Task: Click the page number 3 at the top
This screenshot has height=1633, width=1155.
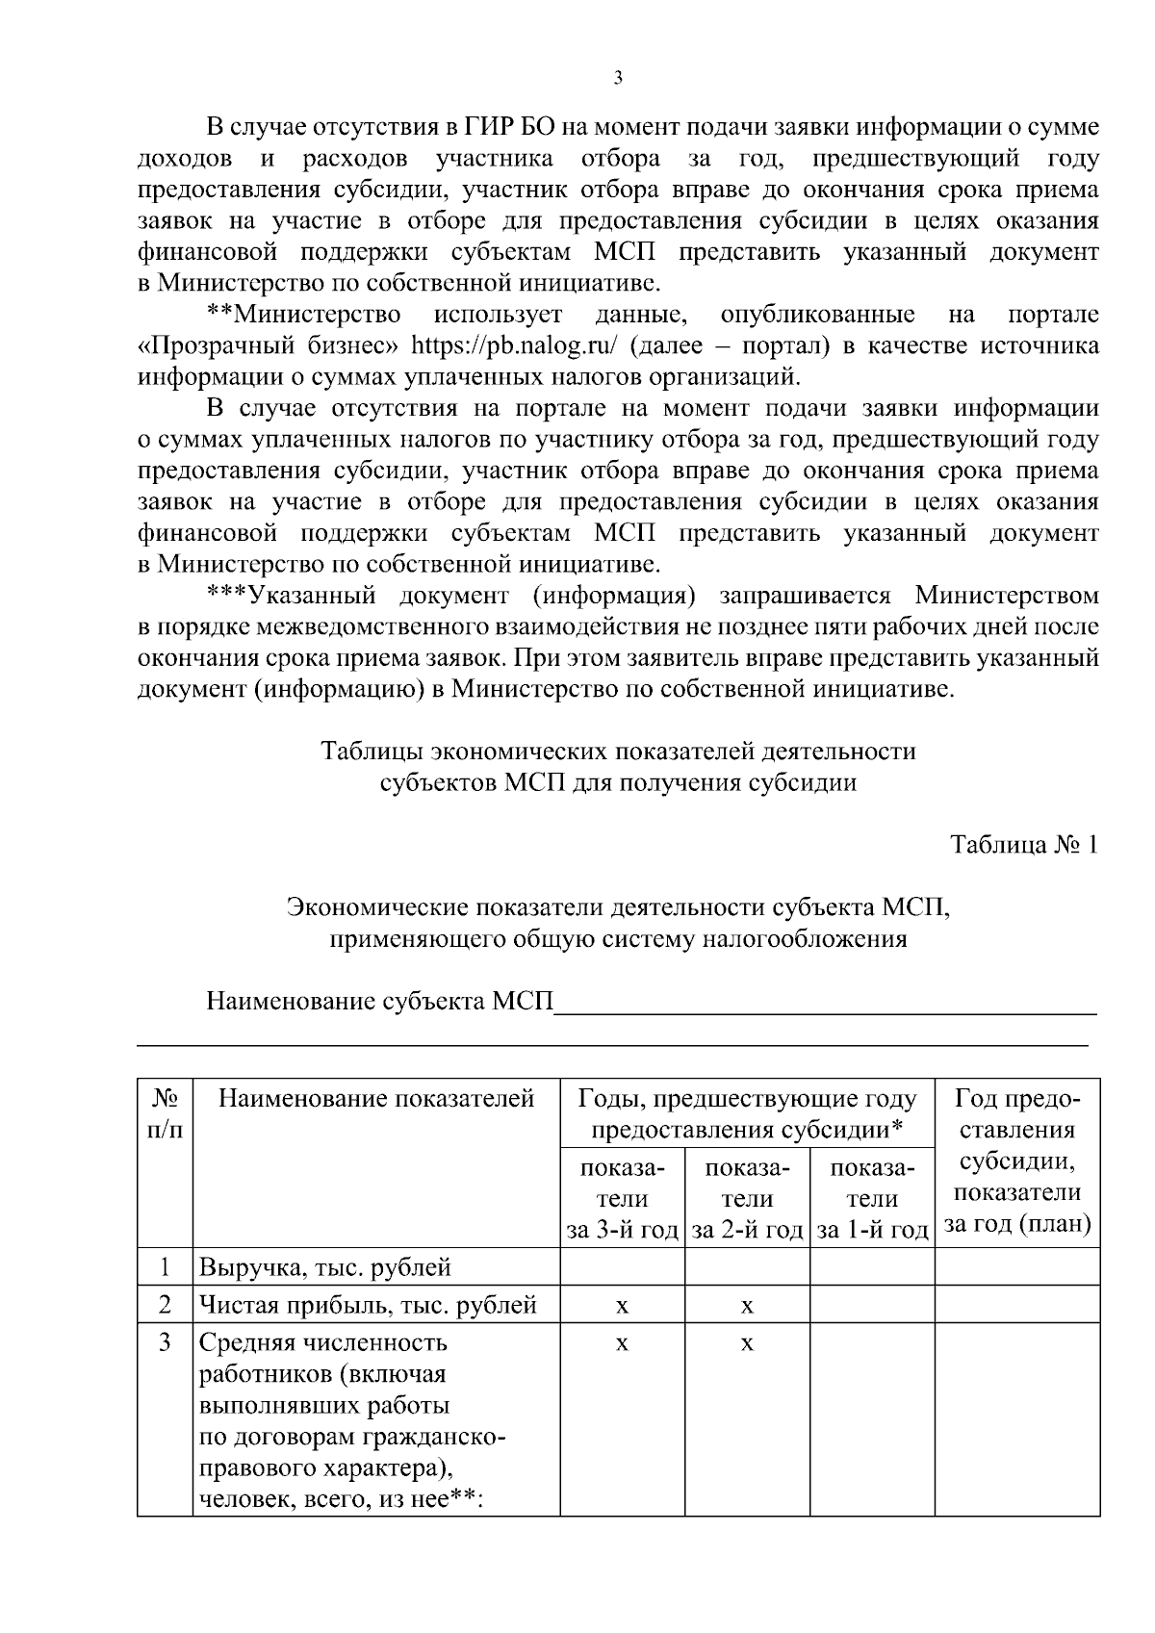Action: pos(617,79)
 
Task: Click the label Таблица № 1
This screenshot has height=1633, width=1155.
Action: pos(1023,845)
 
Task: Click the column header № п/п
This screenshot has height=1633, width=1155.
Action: pos(165,1113)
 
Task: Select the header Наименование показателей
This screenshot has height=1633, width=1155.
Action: pos(376,1099)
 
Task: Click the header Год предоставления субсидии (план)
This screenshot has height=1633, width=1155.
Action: pos(1017,1161)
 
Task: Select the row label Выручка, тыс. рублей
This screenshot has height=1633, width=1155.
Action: pos(325,1267)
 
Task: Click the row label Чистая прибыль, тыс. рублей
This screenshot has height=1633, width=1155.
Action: pos(368,1305)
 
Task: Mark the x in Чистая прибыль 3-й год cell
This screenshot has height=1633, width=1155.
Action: pos(622,1306)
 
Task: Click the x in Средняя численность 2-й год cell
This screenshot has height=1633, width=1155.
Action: pos(747,1342)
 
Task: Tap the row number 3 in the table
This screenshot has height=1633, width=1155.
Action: pos(165,1341)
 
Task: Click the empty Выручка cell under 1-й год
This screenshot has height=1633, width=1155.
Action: pos(872,1267)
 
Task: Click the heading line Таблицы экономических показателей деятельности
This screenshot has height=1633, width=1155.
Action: pos(617,751)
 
